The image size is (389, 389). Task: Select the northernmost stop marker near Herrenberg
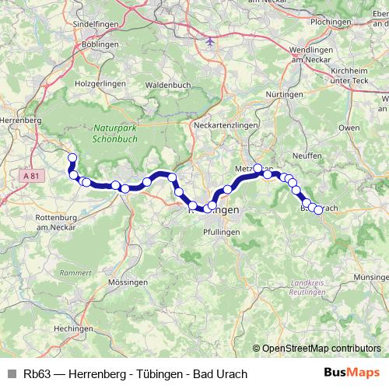click(72, 158)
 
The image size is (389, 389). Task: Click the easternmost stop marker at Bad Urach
click(317, 210)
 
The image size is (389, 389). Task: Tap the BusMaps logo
click(352, 373)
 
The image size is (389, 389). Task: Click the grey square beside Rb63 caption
click(12, 374)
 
